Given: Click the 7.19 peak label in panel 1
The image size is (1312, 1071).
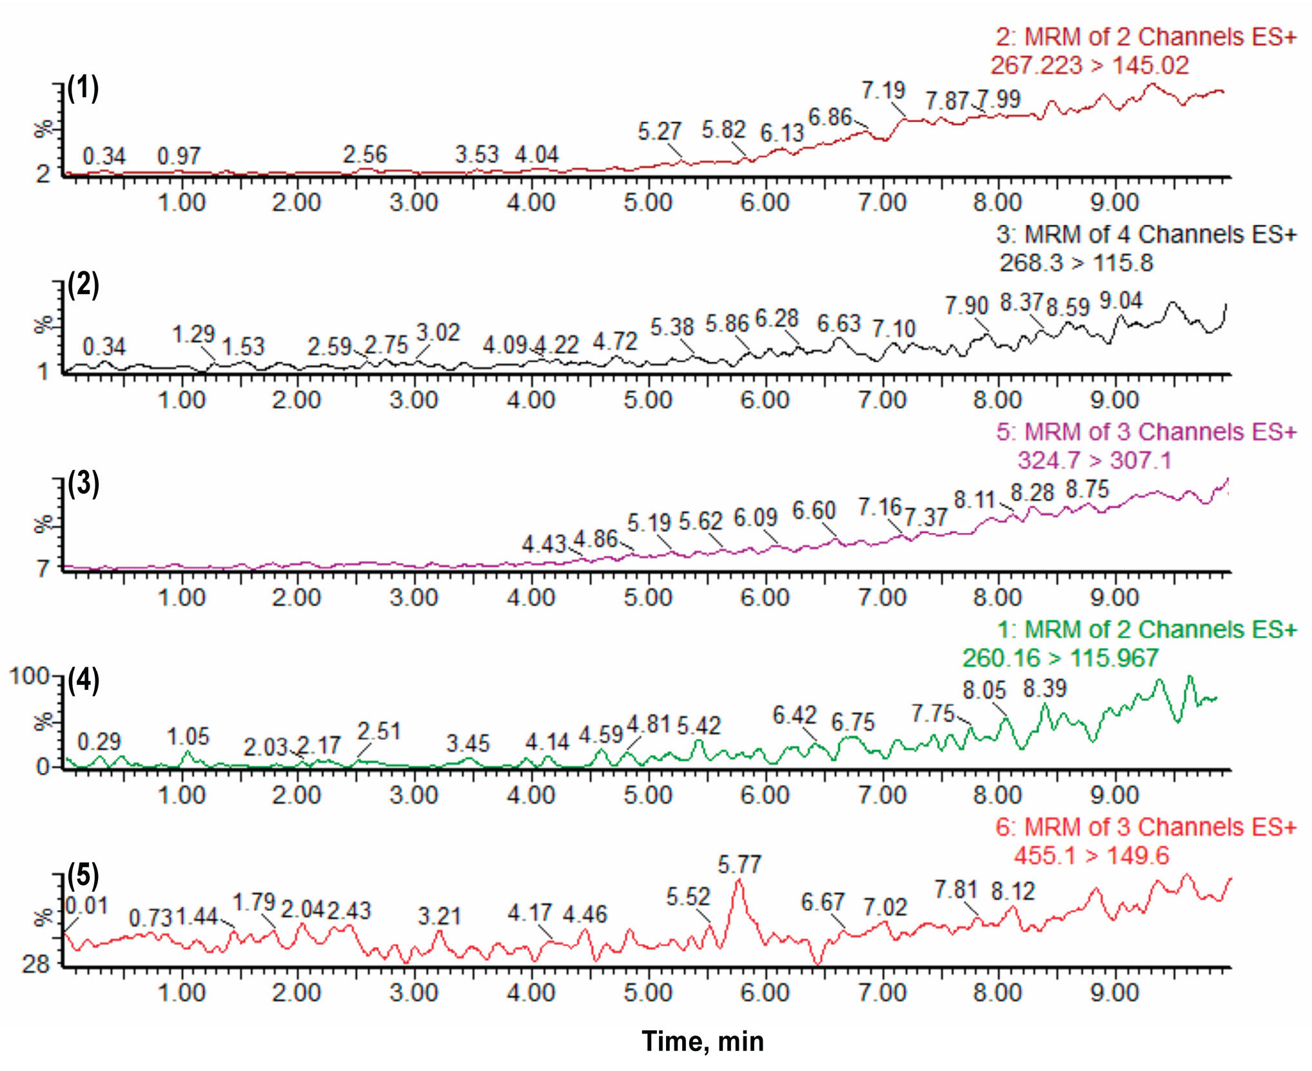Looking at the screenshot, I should coord(883,90).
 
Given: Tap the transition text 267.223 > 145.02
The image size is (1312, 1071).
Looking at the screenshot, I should coord(1089,65).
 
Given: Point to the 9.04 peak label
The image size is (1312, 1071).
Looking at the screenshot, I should coord(1121,300).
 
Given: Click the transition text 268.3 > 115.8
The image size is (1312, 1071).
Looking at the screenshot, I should coord(1075,262).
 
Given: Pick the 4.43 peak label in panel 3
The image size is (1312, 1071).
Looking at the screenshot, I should coord(543,544).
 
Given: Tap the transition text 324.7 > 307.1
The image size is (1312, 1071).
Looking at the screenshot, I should coord(1093,460).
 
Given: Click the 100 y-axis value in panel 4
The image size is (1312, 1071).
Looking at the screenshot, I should coord(28,676).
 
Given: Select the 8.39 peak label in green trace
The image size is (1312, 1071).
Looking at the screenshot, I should coord(1044,688).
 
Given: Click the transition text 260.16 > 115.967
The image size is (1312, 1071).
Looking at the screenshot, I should coord(1060,658).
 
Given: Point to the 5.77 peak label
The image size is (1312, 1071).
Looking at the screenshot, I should coord(739,864).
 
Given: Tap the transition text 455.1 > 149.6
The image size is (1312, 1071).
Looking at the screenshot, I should coord(1091,856).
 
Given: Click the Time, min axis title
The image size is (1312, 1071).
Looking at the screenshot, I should coord(703,1041).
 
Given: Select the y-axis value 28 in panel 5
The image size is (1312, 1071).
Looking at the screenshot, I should coord(35,964).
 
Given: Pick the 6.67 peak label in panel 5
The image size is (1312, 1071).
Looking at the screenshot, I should coord(822,902).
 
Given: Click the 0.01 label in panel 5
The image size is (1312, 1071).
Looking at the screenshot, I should coord(86,905).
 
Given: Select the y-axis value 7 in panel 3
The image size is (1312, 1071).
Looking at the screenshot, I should coord(43,569).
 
